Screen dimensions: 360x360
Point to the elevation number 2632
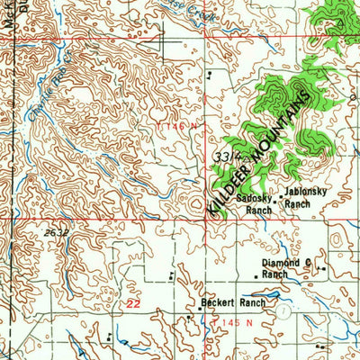click(x=56, y=231)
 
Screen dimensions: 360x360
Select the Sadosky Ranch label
click(x=254, y=204)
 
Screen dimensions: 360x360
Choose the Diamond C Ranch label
click(x=286, y=267)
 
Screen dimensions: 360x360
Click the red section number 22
click(x=133, y=306)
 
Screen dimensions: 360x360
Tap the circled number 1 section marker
click(x=283, y=310)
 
